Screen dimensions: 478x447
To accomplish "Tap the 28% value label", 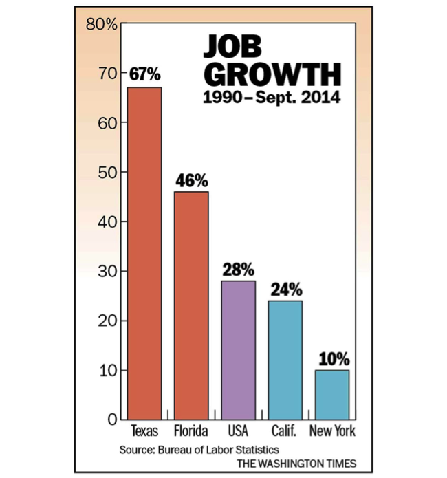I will pyautogui.click(x=238, y=269).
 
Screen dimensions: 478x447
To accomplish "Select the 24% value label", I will pyautogui.click(x=285, y=289).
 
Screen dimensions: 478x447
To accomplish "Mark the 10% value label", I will pyautogui.click(x=332, y=359).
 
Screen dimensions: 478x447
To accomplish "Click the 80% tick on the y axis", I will pyautogui.click(x=101, y=25).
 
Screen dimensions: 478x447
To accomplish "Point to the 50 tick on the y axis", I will pyautogui.click(x=107, y=172).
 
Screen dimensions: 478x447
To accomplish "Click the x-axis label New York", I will pyautogui.click(x=332, y=432).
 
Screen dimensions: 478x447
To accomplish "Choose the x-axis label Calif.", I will pyautogui.click(x=285, y=432).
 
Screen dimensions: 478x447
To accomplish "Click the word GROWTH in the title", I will pyautogui.click(x=272, y=74).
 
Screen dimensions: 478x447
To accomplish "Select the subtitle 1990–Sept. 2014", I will pyautogui.click(x=272, y=98).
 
